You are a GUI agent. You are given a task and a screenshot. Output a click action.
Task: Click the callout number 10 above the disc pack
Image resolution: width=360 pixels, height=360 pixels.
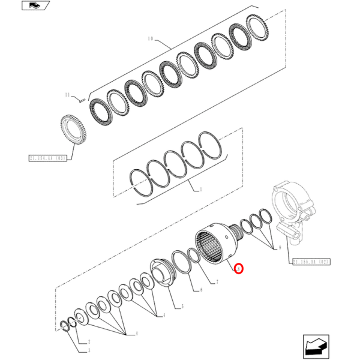point(151,40)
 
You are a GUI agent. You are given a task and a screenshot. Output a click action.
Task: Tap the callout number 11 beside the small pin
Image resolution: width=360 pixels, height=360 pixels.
point(68,94)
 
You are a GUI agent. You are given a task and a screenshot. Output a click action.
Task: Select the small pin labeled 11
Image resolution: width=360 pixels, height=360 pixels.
point(79,100)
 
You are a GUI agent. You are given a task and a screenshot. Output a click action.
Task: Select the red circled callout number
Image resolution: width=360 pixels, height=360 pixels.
point(239,270)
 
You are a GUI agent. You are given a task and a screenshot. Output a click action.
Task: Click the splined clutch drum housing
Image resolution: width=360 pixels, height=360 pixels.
point(214,243)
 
